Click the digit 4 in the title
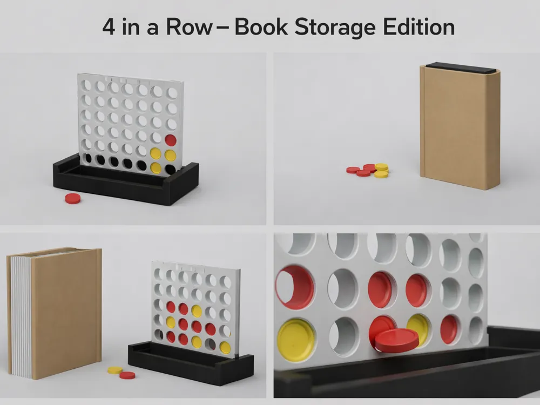pyautogui.click(x=109, y=27)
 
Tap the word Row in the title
pyautogui.click(x=189, y=27)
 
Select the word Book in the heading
pyautogui.click(x=261, y=27)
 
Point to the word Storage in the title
pyautogui.click(x=335, y=28)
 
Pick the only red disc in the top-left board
pyautogui.click(x=171, y=140)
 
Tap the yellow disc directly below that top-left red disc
pyautogui.click(x=170, y=156)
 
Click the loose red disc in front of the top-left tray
pyautogui.click(x=73, y=198)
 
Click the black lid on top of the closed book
pyautogui.click(x=461, y=67)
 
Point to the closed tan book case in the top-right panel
pyautogui.click(x=460, y=127)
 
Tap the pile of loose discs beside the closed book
pyautogui.click(x=368, y=170)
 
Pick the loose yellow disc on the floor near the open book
pyautogui.click(x=115, y=370)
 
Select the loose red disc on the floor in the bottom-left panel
pyautogui.click(x=127, y=375)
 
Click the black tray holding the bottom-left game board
pyautogui.click(x=191, y=363)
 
